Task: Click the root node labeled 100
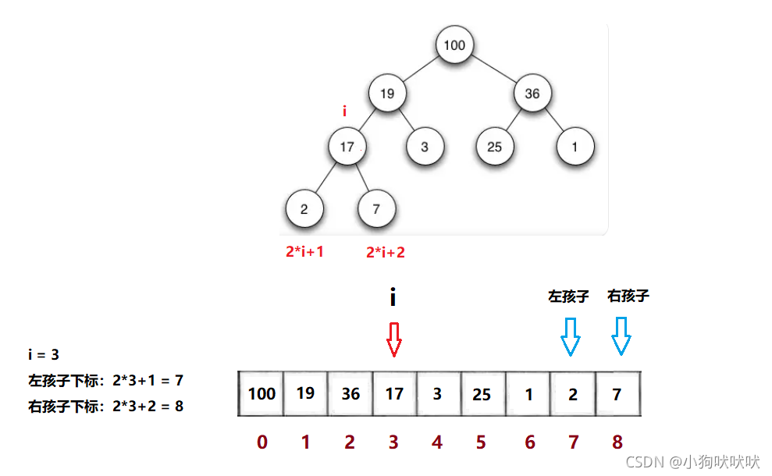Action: pyautogui.click(x=454, y=44)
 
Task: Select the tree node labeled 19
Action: pyautogui.click(x=387, y=94)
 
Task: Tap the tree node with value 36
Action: pyautogui.click(x=532, y=94)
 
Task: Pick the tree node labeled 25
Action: pyautogui.click(x=495, y=146)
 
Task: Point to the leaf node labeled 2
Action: pyautogui.click(x=304, y=209)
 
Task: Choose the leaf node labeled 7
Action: pyautogui.click(x=376, y=209)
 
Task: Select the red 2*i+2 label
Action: pyautogui.click(x=386, y=252)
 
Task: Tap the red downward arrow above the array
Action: pyautogui.click(x=394, y=339)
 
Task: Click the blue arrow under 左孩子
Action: pyautogui.click(x=571, y=336)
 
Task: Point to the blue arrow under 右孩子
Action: pyautogui.click(x=621, y=336)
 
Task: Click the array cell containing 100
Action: pyautogui.click(x=261, y=393)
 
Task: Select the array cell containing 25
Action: pyautogui.click(x=482, y=394)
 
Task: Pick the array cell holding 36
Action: pyautogui.click(x=350, y=394)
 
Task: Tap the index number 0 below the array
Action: pyautogui.click(x=261, y=442)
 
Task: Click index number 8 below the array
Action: pyautogui.click(x=617, y=442)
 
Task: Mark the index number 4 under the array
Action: pyautogui.click(x=437, y=442)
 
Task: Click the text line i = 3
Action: pyautogui.click(x=43, y=354)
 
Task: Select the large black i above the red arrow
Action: pyautogui.click(x=393, y=297)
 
